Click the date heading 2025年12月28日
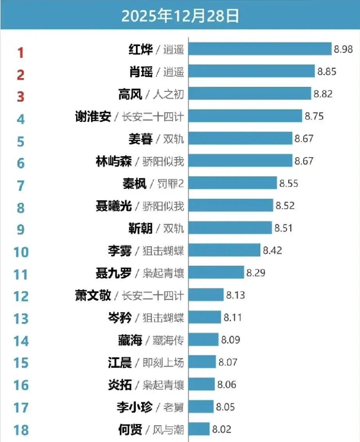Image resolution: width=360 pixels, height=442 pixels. [180, 17]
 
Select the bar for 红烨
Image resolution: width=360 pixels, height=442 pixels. [260, 49]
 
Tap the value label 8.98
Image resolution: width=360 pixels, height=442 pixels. [343, 49]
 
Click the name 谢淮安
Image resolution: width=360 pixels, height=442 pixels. [93, 116]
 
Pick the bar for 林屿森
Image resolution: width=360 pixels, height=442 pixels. [241, 161]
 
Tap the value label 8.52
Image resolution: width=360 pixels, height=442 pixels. [285, 205]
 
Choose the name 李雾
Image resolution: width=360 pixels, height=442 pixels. [119, 251]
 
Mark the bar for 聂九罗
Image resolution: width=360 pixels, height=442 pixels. [216, 272]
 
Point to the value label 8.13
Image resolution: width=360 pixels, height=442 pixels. [235, 295]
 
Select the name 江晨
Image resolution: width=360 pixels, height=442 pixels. [119, 362]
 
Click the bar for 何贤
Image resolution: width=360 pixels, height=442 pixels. [199, 429]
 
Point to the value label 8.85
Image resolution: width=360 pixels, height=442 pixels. [327, 72]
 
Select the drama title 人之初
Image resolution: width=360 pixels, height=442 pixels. [169, 94]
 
